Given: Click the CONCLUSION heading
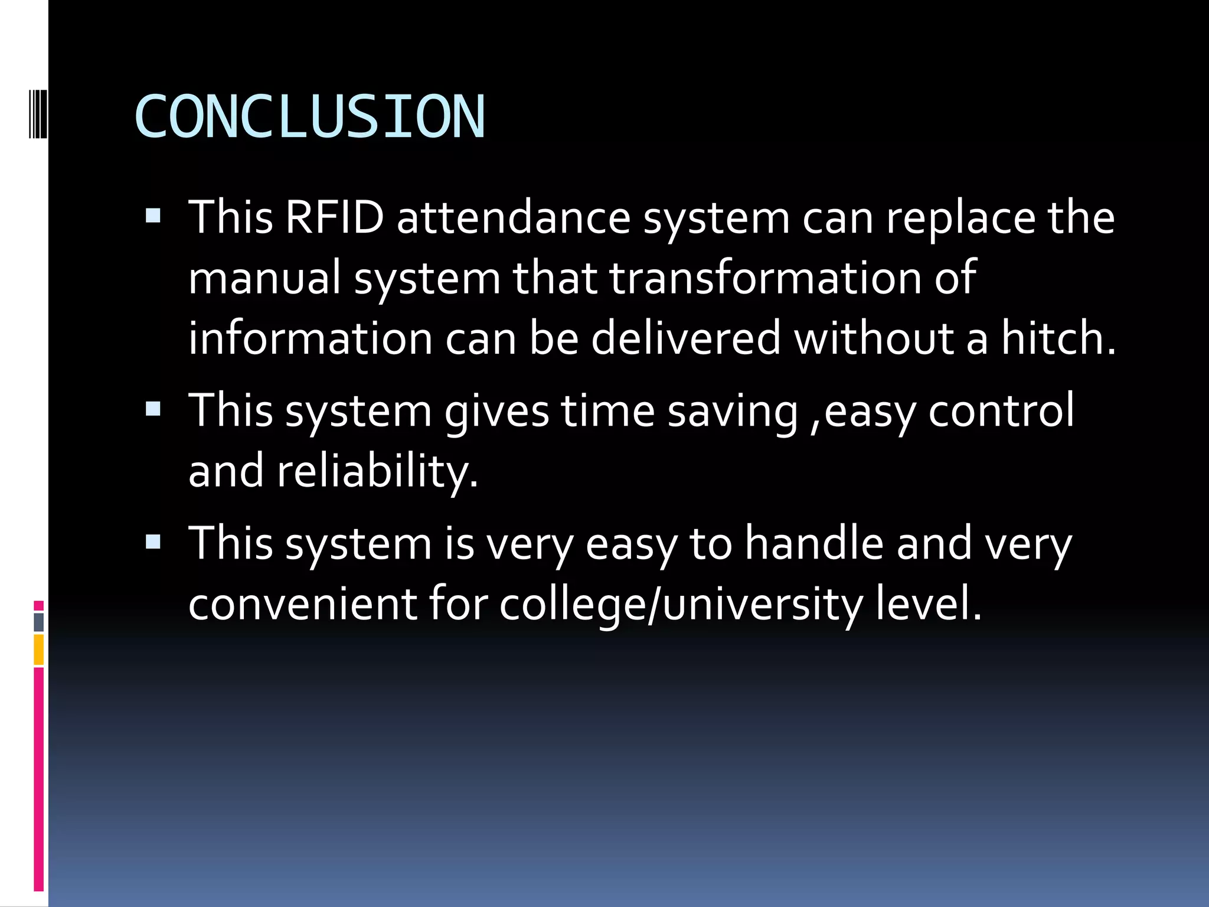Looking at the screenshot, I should coord(309,117).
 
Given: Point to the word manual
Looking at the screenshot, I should coord(265,278).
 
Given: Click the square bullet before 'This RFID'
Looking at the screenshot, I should coord(153,215).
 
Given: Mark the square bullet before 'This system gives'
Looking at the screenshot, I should coord(153,409).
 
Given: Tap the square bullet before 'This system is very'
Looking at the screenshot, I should coord(153,541).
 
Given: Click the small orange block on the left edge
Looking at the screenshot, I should coord(39,650).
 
